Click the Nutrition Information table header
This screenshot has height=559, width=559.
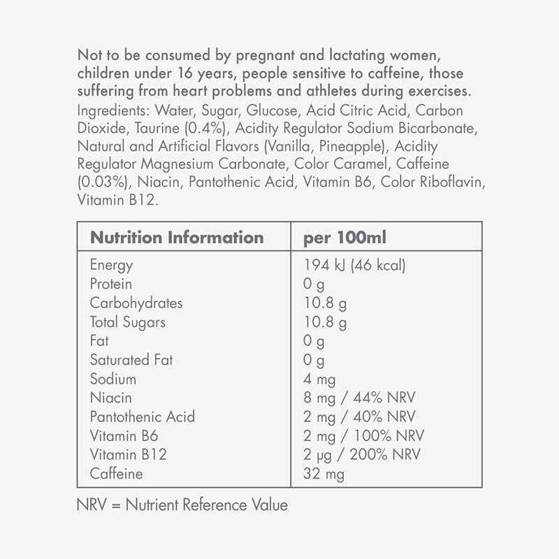[177, 237]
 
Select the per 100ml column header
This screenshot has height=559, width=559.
[344, 237]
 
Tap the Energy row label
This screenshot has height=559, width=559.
[111, 266]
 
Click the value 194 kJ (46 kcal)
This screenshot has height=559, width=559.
[355, 266]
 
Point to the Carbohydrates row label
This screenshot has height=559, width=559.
[136, 303]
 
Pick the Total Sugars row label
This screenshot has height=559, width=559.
[128, 322]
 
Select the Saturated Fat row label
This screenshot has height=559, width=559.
[131, 360]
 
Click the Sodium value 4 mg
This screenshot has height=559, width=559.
[319, 379]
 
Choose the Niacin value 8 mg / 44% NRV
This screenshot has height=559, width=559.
[359, 398]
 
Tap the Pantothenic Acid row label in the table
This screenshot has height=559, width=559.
[143, 417]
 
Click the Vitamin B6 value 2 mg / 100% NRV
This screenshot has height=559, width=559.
[363, 436]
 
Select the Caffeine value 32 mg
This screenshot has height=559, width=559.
[324, 474]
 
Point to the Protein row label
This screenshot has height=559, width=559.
[110, 284]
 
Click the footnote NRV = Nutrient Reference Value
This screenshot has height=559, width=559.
[182, 504]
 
